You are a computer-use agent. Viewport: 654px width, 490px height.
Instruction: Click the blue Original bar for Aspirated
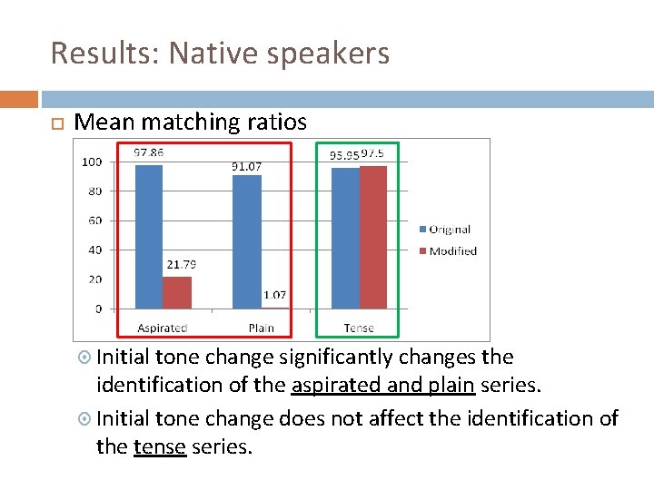pos(149,236)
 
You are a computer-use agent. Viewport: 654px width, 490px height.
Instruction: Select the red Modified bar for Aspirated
pos(177,292)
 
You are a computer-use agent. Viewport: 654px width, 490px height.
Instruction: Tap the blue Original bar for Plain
pos(247,241)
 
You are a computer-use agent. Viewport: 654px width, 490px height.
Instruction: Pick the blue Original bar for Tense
pos(345,238)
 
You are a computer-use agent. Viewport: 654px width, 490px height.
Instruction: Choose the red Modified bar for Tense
pos(373,237)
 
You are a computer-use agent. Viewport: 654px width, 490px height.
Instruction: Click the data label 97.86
pos(149,153)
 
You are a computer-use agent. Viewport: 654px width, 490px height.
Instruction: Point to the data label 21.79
pos(181,265)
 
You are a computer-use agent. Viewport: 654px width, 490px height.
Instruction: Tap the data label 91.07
pos(246,166)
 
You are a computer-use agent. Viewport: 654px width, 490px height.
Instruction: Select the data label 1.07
pos(274,295)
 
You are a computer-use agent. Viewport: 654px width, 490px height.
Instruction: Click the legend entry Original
pos(450,230)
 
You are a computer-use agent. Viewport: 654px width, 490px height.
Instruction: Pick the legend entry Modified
pos(452,251)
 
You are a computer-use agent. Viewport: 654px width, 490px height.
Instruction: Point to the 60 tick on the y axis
pos(94,220)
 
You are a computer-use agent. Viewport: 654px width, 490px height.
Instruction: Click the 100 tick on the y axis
pos(91,162)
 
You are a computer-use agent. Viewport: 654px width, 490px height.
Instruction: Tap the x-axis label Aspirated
pos(163,328)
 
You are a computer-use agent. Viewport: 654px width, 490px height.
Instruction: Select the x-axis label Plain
pos(260,328)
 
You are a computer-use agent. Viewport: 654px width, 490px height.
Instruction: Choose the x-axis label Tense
pos(359,328)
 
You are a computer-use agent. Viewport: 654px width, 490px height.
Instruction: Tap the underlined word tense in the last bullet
pos(160,446)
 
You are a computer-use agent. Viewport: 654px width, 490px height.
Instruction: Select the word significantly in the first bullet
pos(334,358)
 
